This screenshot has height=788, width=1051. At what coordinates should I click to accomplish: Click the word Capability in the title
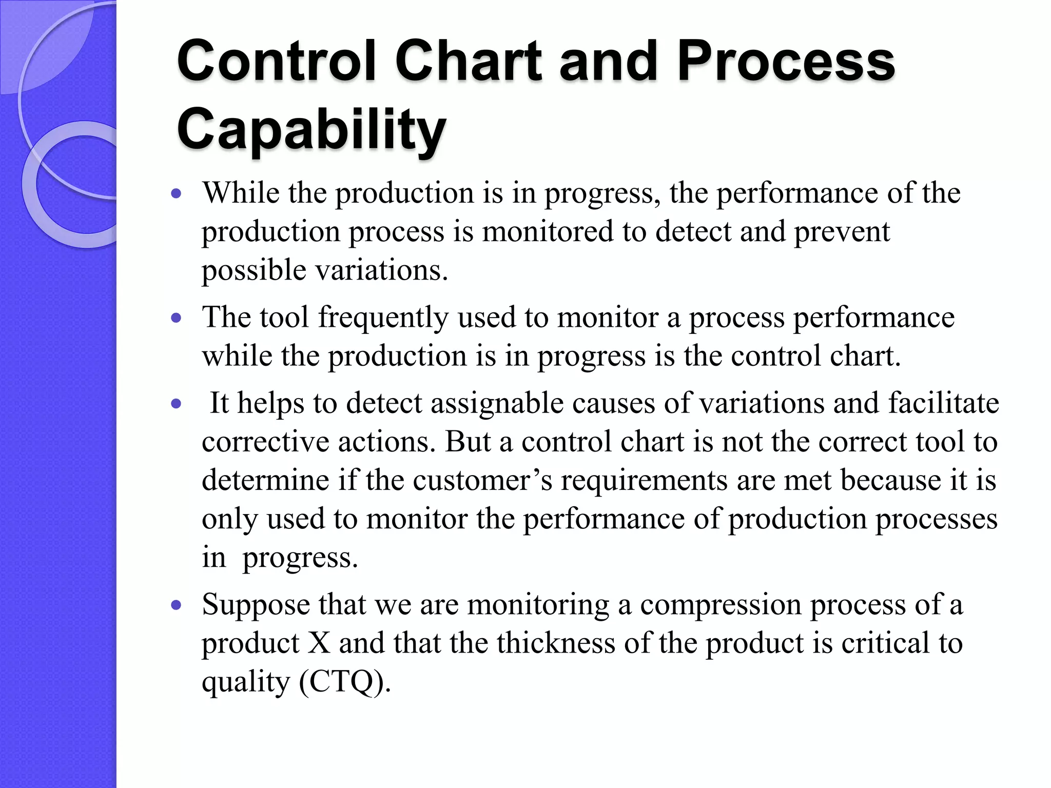coord(311,128)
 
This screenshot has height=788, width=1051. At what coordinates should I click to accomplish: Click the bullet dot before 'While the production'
coord(177,194)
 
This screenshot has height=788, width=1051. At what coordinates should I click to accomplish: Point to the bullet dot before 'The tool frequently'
coord(177,319)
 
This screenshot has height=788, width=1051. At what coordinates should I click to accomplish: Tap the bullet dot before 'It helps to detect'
coord(177,404)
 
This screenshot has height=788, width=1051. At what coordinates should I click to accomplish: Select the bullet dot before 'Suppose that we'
coord(177,605)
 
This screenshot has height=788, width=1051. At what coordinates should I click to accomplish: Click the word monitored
coord(548,232)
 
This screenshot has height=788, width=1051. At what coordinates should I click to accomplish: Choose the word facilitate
coord(944,403)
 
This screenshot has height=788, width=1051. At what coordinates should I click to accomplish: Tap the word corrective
coord(265,442)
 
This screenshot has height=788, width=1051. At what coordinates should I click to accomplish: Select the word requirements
coord(644,481)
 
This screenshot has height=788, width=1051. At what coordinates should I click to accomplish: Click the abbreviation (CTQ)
coord(344,682)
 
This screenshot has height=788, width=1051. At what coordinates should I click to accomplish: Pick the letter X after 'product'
coord(319,643)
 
